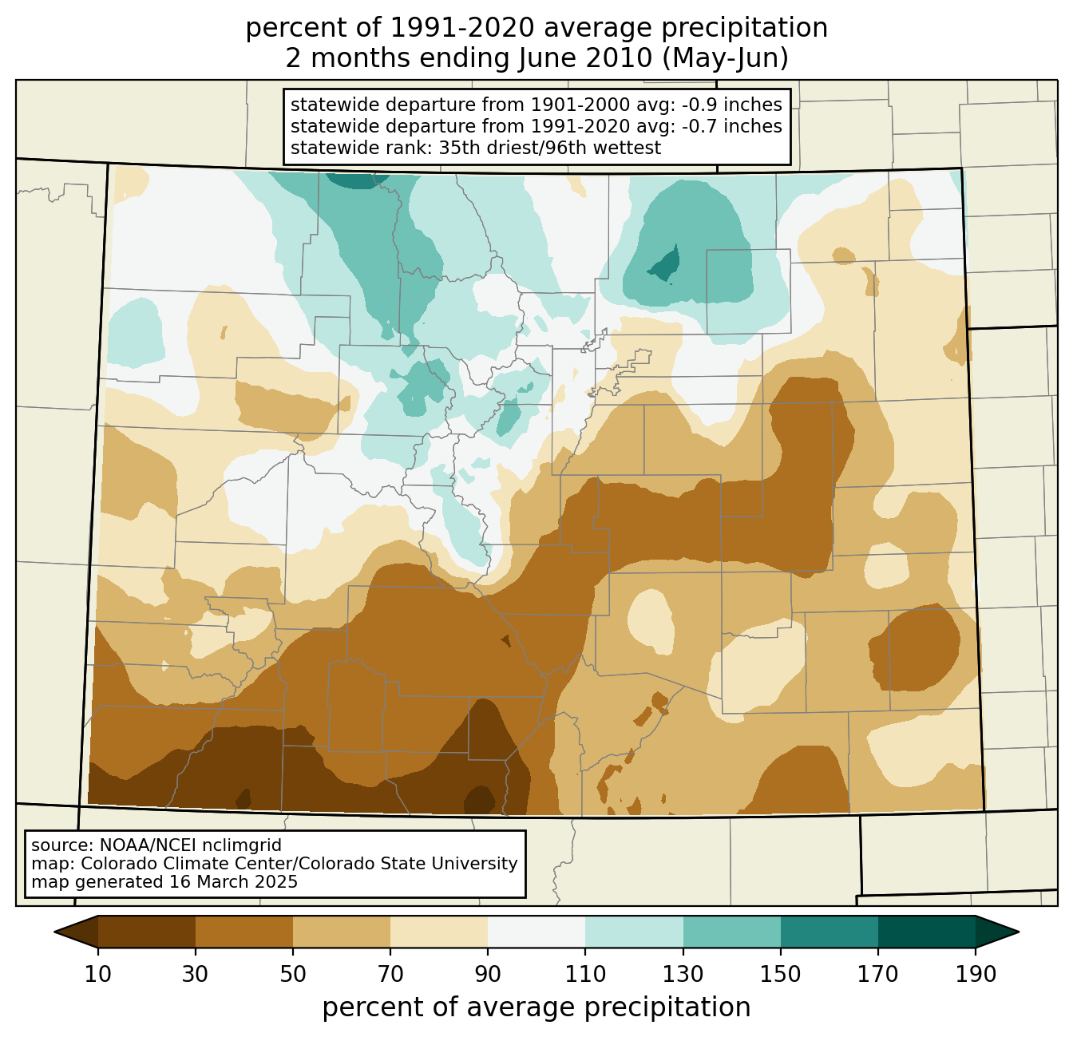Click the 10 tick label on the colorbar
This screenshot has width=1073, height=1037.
(97, 975)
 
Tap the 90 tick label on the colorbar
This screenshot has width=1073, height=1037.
(488, 975)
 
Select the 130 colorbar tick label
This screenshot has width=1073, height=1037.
(683, 975)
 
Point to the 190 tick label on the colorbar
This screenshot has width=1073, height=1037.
(976, 975)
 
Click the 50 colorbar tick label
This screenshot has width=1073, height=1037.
(293, 975)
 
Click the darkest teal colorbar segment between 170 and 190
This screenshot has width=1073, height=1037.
(926, 932)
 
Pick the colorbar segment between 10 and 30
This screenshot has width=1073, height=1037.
(147, 932)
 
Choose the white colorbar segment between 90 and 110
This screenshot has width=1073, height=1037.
(536, 932)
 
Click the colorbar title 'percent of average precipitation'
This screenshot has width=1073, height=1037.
(536, 1007)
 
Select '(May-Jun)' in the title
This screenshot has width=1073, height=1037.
(725, 58)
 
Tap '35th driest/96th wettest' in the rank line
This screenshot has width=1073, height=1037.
(550, 148)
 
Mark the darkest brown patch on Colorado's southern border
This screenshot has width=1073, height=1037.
(479, 799)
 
